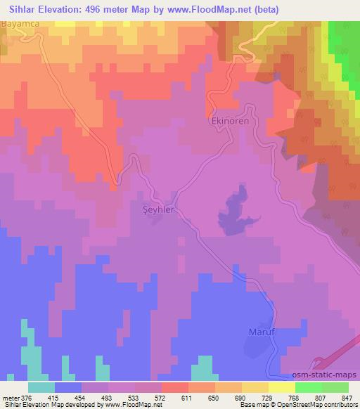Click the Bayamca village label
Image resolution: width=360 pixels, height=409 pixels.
pyautogui.click(x=20, y=24)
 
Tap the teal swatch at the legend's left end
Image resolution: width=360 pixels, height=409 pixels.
pyautogui.click(x=41, y=387)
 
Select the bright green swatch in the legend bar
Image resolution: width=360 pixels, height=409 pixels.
pyautogui.click(x=309, y=387)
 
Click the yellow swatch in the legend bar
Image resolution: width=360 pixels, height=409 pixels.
pyautogui.click(x=282, y=387)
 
